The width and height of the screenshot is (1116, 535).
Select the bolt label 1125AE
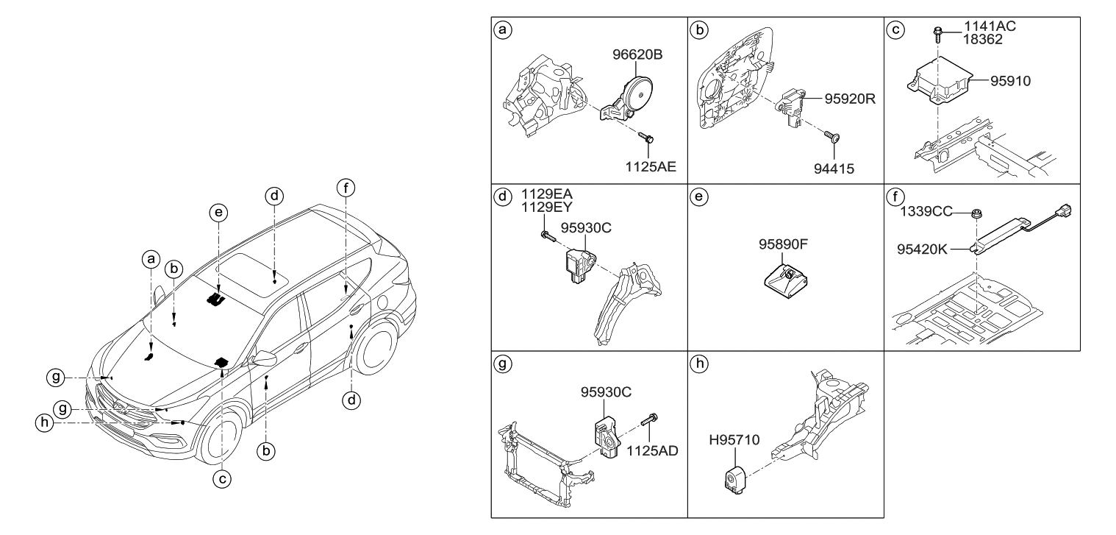coord(649,167)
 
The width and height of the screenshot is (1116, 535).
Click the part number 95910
coord(1005,82)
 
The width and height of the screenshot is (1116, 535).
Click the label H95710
coord(734,440)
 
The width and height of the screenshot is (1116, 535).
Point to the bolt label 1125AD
coord(651,450)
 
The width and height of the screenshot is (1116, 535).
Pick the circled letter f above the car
coord(346,187)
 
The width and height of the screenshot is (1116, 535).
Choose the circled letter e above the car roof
coord(218,213)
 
